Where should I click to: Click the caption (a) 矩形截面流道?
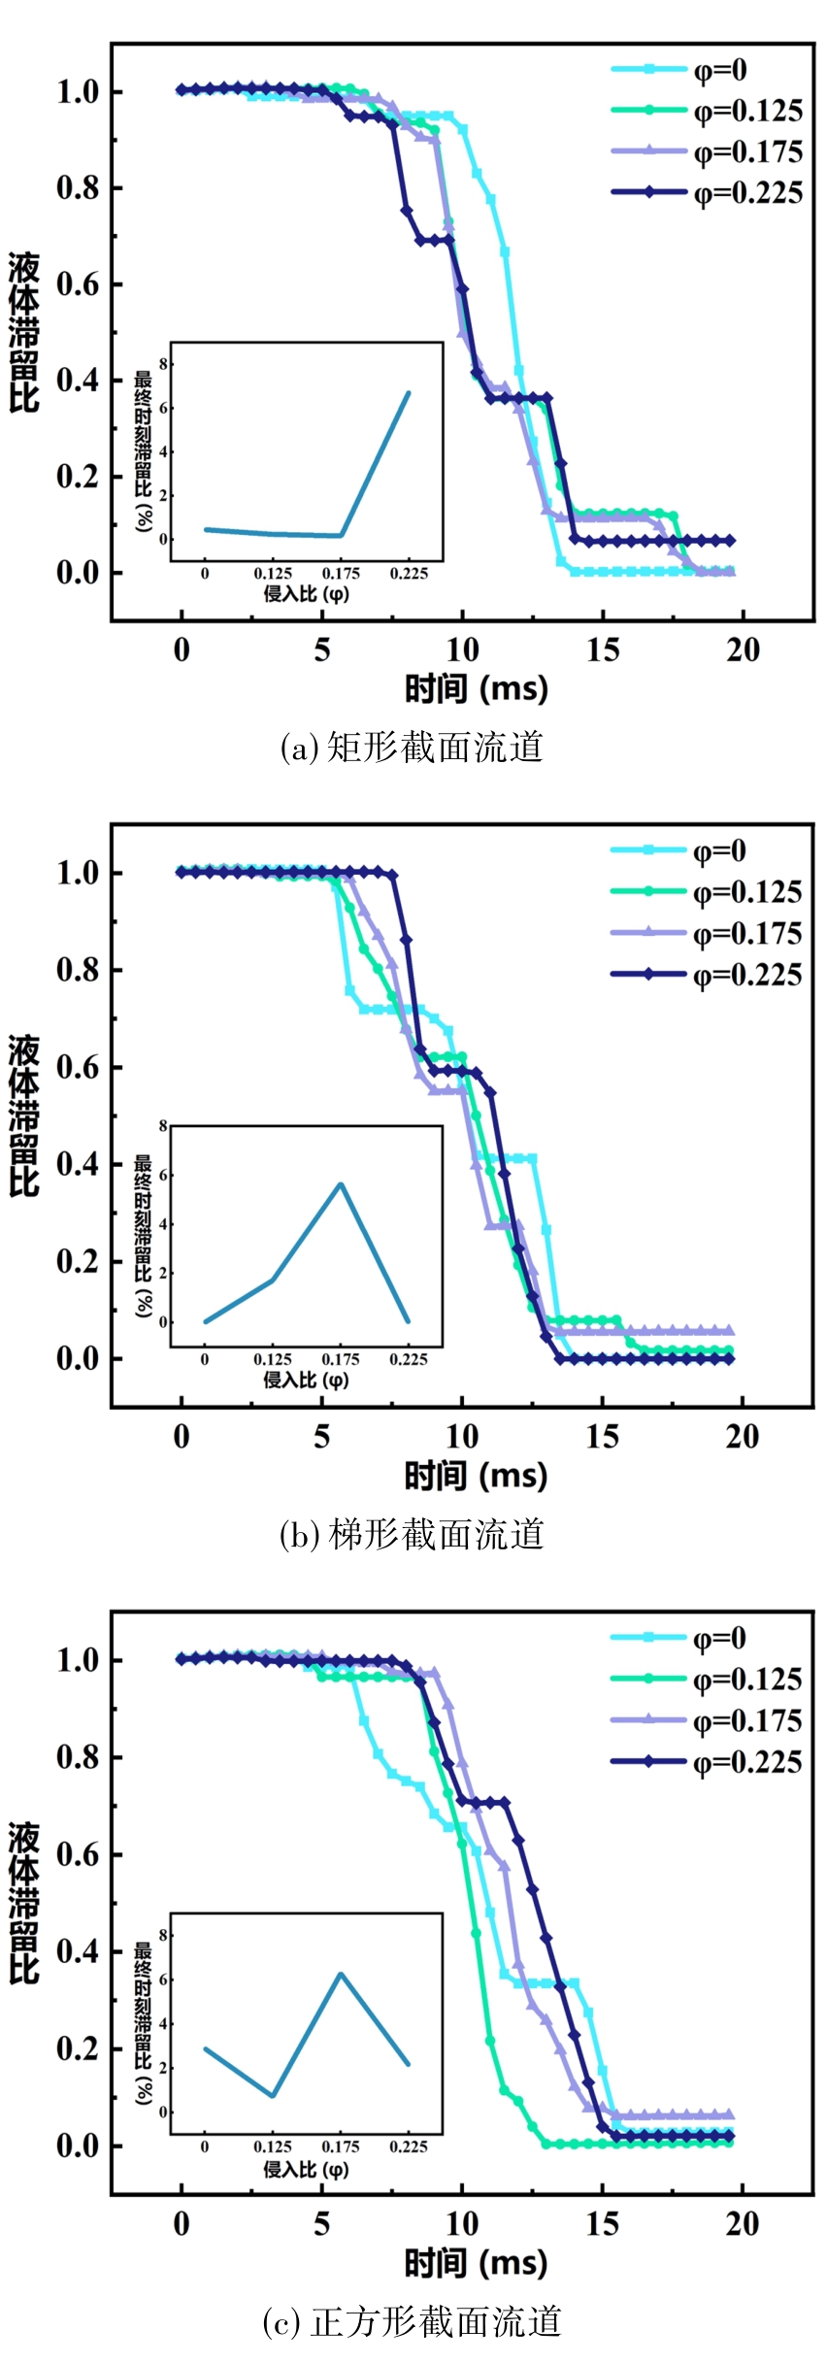click(x=412, y=748)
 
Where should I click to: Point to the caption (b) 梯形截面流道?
click(x=412, y=1534)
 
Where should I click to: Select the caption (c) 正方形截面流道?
click(x=412, y=2321)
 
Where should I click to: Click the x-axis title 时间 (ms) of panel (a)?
click(x=476, y=689)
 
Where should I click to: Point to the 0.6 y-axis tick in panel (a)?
click(x=78, y=284)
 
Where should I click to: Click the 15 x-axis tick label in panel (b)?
click(x=602, y=1436)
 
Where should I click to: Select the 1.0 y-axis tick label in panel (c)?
click(x=78, y=1660)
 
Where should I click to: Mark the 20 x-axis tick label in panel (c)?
click(x=743, y=2223)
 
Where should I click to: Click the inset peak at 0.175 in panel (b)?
click(x=341, y=1183)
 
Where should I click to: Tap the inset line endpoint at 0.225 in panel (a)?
click(x=409, y=393)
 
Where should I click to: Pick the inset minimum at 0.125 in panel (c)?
click(x=273, y=2095)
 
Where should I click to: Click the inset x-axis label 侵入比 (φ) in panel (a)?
click(x=306, y=593)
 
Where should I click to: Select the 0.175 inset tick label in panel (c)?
click(x=341, y=2147)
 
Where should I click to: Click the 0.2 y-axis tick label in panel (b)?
click(x=78, y=1261)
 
